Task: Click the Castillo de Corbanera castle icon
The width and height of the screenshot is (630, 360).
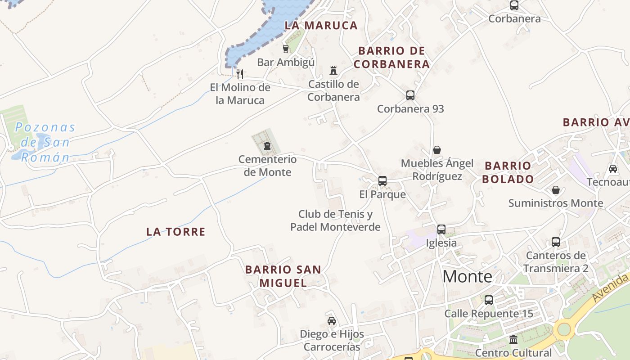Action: [333, 71]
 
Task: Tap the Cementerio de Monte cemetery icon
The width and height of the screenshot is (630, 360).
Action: [267, 146]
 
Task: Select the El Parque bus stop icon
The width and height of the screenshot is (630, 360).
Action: [382, 181]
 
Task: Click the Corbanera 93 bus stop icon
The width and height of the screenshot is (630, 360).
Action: [410, 95]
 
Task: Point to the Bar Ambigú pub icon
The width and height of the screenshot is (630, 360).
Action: [285, 49]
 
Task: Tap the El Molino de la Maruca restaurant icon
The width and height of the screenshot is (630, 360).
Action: [240, 74]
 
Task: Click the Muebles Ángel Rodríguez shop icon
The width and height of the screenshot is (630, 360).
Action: [436, 150]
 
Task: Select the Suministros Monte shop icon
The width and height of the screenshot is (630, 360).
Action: [556, 190]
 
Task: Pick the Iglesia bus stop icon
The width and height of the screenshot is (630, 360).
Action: [441, 229]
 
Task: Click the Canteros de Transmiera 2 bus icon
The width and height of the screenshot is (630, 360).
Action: [556, 242]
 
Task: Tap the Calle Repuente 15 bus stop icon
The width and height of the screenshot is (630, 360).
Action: [489, 300]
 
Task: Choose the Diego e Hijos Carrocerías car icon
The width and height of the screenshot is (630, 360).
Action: [332, 321]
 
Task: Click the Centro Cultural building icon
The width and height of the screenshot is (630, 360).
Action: [513, 340]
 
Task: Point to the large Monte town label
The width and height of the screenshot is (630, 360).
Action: [468, 276]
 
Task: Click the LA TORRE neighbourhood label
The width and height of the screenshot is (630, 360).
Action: [176, 232]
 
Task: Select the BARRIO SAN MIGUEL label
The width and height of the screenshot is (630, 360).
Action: [283, 276]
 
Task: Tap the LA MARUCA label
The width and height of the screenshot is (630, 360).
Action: [321, 26]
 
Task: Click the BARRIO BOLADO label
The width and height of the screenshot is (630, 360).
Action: [508, 172]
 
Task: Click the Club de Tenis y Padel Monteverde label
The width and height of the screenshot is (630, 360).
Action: [335, 220]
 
